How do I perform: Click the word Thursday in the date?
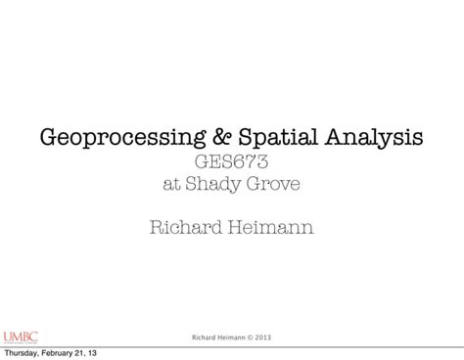point(24,352)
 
